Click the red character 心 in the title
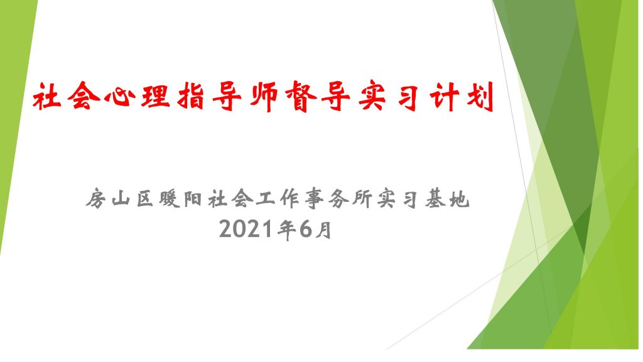click(119, 97)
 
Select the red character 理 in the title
click(156, 96)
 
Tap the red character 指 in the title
click(191, 96)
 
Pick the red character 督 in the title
click(301, 97)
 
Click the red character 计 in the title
click(445, 97)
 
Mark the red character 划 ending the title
click(480, 97)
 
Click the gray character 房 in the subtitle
click(96, 199)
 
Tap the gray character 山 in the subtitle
click(121, 199)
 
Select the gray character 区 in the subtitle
click(145, 199)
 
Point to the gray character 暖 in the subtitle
click(170, 199)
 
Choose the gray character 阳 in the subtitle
click(193, 199)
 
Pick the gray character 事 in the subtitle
click(314, 199)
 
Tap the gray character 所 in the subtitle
click(362, 199)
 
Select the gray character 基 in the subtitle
click(435, 199)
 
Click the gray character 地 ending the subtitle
click(459, 199)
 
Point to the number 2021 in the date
click(246, 229)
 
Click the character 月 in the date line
click(323, 229)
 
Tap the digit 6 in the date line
click(306, 229)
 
